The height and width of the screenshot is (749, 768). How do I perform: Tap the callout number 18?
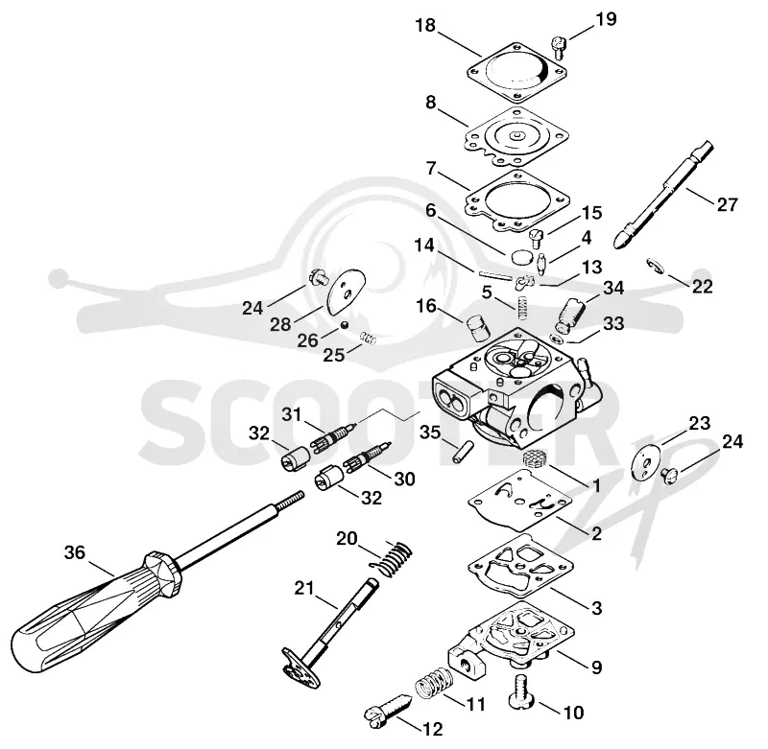[x=425, y=26]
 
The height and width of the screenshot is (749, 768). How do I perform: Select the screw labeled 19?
[x=559, y=47]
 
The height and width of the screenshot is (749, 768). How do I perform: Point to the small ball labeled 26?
[x=345, y=325]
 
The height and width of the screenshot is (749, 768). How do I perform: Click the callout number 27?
[x=727, y=204]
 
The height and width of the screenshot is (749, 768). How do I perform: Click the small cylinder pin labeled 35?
[x=464, y=453]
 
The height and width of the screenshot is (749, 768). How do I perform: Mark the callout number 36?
[x=75, y=552]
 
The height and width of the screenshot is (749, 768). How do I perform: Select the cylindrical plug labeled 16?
[x=477, y=328]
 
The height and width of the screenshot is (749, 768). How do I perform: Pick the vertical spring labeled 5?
[x=523, y=306]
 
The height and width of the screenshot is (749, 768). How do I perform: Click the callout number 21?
[x=304, y=588]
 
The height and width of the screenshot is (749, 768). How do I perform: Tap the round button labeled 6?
[x=520, y=256]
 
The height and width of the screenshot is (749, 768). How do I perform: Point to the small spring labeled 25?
[x=368, y=338]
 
